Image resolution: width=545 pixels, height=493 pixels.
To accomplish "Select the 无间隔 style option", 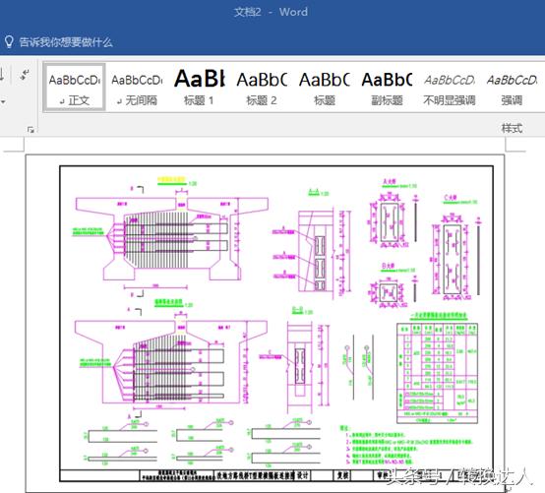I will [137, 89].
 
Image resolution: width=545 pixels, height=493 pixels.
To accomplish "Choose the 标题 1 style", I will [199, 89].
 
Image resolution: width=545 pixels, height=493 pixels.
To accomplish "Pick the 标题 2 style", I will [262, 89].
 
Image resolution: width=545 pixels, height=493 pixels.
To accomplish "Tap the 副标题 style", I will [387, 89].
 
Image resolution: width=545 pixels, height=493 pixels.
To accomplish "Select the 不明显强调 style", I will [449, 89].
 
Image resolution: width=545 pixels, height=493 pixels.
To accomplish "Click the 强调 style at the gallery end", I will [512, 89].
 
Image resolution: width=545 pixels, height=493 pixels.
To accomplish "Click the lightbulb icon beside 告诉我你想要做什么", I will [9, 42].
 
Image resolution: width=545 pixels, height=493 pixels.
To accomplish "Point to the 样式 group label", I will [512, 128].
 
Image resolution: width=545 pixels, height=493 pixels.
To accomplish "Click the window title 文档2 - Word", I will [272, 12].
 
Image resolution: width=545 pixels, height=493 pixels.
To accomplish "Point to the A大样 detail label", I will [388, 182].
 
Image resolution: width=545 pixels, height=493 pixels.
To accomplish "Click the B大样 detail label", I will [388, 266].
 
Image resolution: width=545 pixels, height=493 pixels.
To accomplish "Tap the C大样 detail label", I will [452, 197].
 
